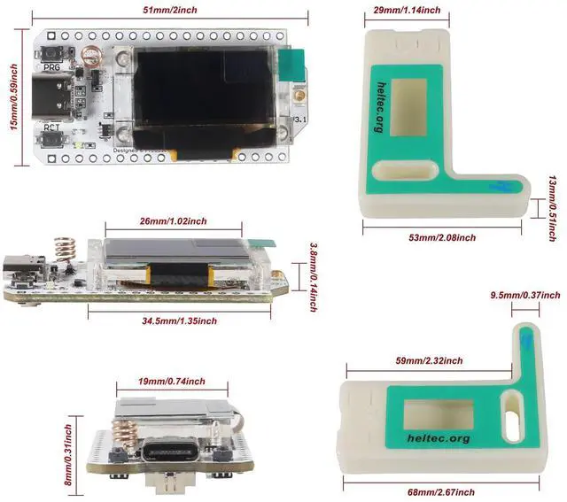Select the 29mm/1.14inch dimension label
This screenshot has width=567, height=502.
(x=407, y=10)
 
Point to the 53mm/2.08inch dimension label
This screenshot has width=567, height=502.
(x=443, y=237)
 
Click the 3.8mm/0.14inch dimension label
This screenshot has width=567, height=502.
(x=313, y=276)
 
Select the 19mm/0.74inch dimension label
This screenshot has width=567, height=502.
(x=172, y=382)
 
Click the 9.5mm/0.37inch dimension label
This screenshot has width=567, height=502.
(x=526, y=294)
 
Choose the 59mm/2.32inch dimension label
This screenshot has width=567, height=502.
(x=429, y=360)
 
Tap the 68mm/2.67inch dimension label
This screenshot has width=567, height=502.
(x=440, y=491)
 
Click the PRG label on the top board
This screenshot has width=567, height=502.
(x=52, y=66)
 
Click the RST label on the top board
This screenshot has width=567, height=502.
(x=52, y=127)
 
